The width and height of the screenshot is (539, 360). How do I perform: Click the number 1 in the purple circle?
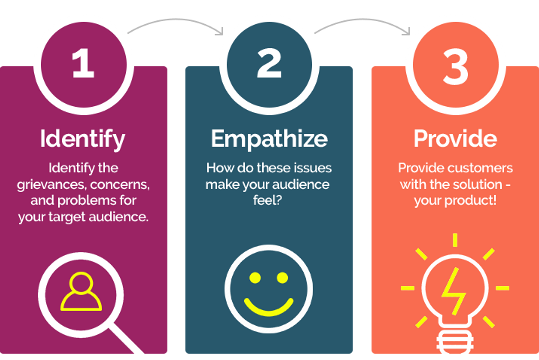pyautogui.click(x=83, y=63)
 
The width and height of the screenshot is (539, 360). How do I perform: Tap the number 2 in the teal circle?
pyautogui.click(x=269, y=63)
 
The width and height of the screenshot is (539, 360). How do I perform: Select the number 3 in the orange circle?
pyautogui.click(x=456, y=67)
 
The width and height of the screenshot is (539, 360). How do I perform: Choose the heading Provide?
pyautogui.click(x=455, y=139)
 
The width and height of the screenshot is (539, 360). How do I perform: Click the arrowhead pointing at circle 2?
pyautogui.click(x=219, y=31)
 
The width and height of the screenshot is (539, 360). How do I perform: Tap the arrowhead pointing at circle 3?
pyautogui.click(x=406, y=31)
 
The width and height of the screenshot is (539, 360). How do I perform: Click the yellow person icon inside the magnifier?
pyautogui.click(x=81, y=292)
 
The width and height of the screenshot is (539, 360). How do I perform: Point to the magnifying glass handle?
pyautogui.click(x=125, y=340)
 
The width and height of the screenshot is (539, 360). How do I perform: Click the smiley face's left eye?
pyautogui.click(x=255, y=278)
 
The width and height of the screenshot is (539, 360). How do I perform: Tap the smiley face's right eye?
pyautogui.click(x=282, y=278)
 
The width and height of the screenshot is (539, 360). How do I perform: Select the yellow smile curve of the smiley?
pyautogui.click(x=269, y=311)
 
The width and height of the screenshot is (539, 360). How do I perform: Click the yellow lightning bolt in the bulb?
pyautogui.click(x=453, y=291)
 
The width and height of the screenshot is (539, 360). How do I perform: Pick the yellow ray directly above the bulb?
pyautogui.click(x=455, y=240)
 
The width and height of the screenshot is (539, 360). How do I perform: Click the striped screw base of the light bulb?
pyautogui.click(x=455, y=343)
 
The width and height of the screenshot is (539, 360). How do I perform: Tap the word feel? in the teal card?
pyautogui.click(x=268, y=200)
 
